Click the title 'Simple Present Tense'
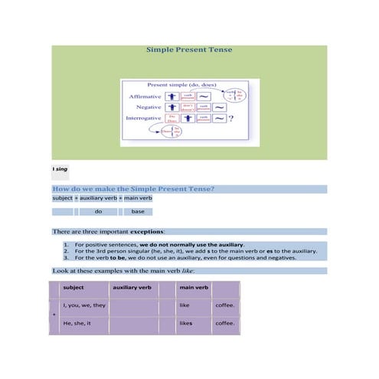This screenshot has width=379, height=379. pos(189,50)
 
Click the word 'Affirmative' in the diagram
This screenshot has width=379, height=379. pos(144,97)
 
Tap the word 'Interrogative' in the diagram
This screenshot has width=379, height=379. pos(142,119)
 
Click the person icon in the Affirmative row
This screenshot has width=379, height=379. pos(172,97)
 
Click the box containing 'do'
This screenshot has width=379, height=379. pos(98,211)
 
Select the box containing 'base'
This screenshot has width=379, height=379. pos(138,211)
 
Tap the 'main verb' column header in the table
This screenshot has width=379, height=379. pos(193,288)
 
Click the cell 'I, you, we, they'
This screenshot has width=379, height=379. pos(84,305)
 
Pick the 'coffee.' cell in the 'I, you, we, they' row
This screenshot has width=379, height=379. pos(225,305)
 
